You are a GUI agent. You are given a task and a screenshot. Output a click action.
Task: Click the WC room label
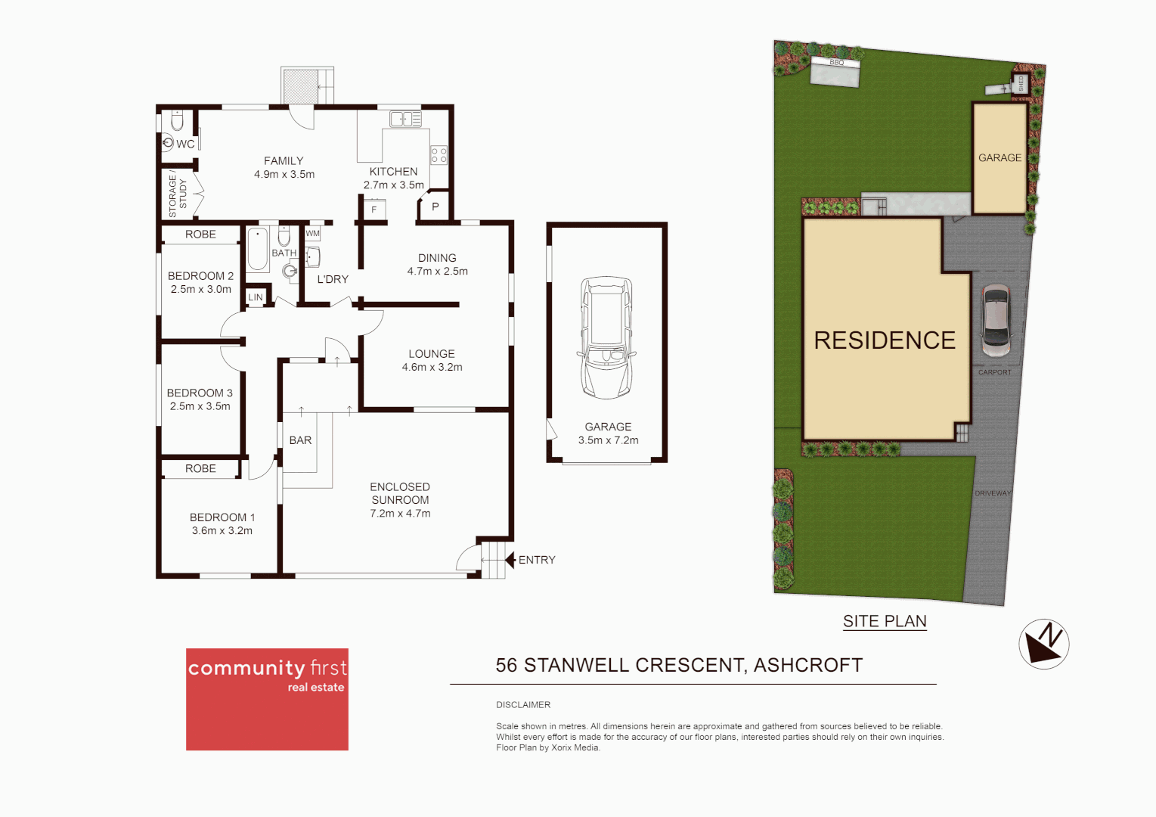185,144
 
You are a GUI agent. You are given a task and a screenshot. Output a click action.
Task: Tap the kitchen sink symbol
405,119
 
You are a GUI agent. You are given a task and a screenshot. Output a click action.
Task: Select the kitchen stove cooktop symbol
439,156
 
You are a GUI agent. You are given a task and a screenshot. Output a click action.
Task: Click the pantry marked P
435,207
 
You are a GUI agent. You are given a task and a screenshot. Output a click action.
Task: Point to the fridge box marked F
373,210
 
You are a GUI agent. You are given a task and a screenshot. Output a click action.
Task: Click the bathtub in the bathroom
258,249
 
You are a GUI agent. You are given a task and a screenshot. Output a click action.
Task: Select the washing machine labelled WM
312,234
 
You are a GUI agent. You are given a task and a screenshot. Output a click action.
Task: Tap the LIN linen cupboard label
256,297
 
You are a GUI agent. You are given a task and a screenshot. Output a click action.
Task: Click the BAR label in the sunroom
300,440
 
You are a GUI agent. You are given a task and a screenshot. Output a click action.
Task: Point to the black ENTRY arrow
510,560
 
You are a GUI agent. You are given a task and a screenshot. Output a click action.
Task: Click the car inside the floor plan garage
606,337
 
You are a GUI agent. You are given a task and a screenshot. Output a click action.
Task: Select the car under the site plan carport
996,320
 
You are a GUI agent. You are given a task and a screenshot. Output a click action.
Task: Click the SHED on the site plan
1021,83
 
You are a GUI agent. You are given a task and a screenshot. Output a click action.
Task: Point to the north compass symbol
1043,644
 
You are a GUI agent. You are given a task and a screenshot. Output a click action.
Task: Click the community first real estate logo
267,699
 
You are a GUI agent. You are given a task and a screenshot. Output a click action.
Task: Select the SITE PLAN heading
885,621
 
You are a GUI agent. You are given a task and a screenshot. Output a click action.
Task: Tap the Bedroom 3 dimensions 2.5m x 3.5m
200,406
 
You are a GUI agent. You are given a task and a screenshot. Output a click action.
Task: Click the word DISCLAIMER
523,704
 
